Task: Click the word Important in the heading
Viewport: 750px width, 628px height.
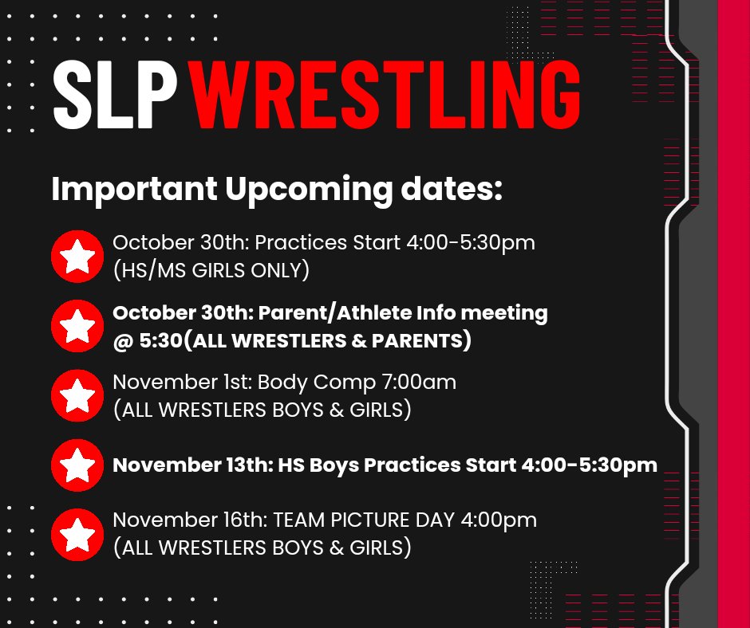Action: tap(134, 190)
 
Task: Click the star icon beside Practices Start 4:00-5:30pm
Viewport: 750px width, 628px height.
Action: tap(77, 257)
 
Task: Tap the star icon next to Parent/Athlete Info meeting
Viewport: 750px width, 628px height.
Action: tap(77, 326)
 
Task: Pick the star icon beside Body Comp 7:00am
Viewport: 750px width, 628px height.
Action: tap(77, 395)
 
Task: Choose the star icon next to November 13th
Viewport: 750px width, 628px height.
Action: tap(77, 465)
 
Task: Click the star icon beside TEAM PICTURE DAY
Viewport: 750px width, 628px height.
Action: tap(77, 535)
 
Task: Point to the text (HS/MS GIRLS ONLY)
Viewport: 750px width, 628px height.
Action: tap(211, 271)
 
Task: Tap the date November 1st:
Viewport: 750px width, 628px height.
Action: tap(181, 383)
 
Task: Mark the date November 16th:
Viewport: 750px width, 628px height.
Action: tap(189, 520)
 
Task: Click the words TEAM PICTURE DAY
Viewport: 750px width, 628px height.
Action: tap(373, 520)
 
